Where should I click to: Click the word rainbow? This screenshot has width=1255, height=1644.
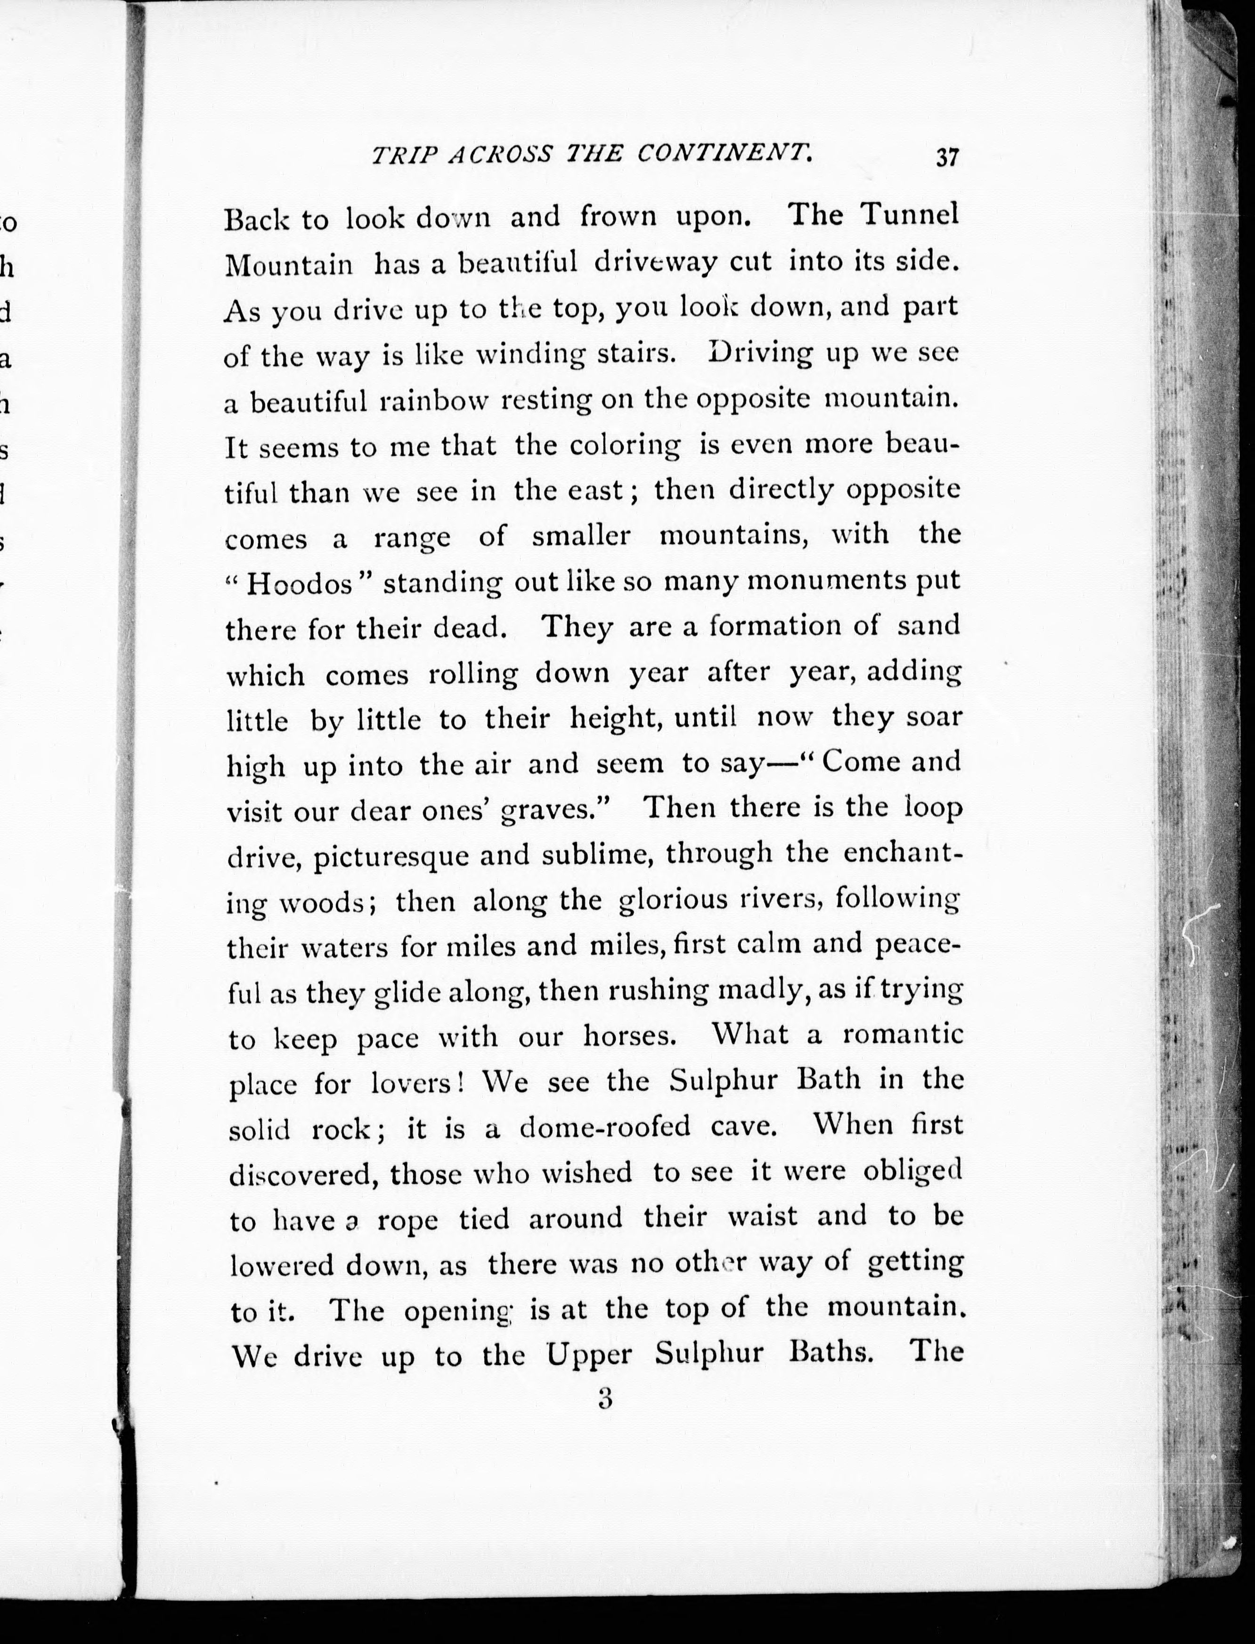433,401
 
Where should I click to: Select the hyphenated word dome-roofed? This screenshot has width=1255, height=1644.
604,1126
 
